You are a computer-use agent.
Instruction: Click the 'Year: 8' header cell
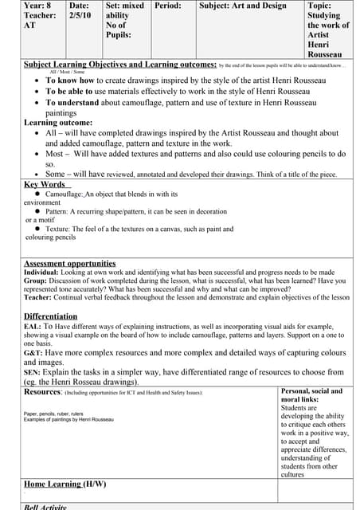coord(37,5)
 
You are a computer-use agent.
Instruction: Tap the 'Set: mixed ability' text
coord(124,10)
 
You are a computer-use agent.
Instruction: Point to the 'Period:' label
coord(167,5)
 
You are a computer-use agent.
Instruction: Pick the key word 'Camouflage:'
coord(64,194)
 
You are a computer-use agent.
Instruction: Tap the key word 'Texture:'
coord(57,229)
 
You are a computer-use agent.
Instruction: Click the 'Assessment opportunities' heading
coord(69,263)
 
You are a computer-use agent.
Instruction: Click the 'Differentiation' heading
coord(49,316)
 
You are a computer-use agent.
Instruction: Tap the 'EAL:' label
coord(33,326)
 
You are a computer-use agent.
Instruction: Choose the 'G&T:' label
coord(33,352)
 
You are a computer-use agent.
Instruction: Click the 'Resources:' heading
coord(43,392)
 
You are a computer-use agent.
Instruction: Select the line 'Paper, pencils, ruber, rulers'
coord(53,413)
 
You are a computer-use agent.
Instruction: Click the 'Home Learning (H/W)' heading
coord(65,484)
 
